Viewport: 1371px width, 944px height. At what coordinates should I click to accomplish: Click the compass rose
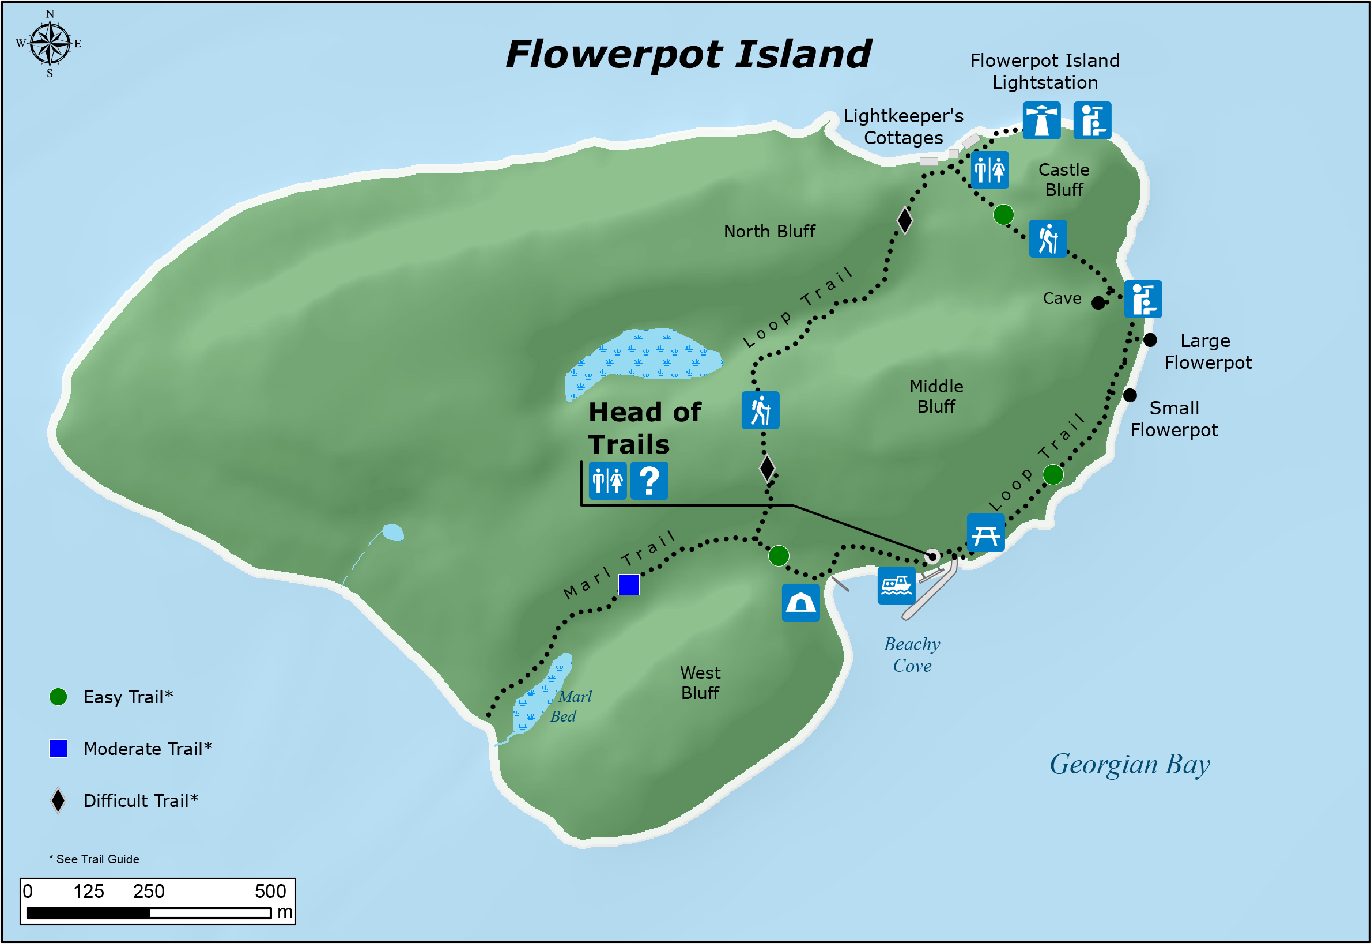[50, 44]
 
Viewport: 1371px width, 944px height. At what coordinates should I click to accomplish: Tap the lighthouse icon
[1041, 120]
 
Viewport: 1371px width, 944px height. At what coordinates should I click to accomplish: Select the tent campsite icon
[800, 603]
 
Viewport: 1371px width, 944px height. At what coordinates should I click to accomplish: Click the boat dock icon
[896, 585]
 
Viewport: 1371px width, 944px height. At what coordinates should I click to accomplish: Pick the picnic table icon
[985, 533]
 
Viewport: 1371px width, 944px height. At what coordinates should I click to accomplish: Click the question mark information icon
[649, 480]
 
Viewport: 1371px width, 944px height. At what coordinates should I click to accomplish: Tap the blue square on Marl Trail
[629, 584]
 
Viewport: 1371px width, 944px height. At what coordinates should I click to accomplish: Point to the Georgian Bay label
[1129, 764]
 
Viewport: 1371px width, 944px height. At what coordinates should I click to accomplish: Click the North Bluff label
[769, 231]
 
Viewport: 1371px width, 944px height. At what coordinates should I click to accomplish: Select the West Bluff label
[700, 682]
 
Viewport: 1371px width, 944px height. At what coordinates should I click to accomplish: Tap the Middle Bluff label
[936, 397]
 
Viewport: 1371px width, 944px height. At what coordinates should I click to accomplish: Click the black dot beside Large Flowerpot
[1150, 340]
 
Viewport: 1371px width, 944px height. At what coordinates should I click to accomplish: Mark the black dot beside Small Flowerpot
[1130, 395]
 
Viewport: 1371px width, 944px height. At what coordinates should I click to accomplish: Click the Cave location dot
[1098, 303]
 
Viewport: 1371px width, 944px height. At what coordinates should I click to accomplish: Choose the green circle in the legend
[58, 697]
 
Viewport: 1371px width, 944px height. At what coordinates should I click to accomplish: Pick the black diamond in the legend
[58, 800]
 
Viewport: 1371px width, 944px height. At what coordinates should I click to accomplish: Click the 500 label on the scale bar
[270, 892]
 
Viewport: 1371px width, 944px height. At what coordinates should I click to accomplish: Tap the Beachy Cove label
[912, 655]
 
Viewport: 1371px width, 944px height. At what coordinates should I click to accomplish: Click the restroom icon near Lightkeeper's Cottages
[989, 171]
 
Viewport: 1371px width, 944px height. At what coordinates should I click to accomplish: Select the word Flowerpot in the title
[613, 55]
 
